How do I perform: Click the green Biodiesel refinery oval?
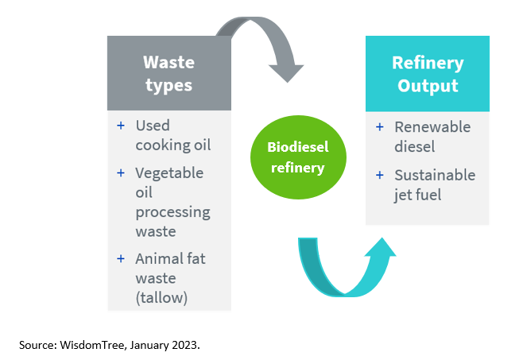point(298,157)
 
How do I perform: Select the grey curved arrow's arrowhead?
point(286,73)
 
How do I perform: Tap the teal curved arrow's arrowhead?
point(381,247)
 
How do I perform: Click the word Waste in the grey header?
point(168,62)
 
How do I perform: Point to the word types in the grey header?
point(168,86)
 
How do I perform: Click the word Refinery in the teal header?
point(428,64)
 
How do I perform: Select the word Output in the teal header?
point(428,86)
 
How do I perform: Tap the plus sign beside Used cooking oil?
point(121,126)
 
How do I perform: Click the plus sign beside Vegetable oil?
point(121,172)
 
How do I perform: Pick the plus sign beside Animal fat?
point(121,259)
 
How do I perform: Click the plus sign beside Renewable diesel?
point(380,127)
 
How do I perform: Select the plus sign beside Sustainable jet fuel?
point(380,175)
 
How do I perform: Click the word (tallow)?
point(161,298)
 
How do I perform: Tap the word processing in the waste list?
point(172,213)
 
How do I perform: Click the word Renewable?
point(432,127)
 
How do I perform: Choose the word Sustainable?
point(435,175)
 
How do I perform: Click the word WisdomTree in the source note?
point(93,345)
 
